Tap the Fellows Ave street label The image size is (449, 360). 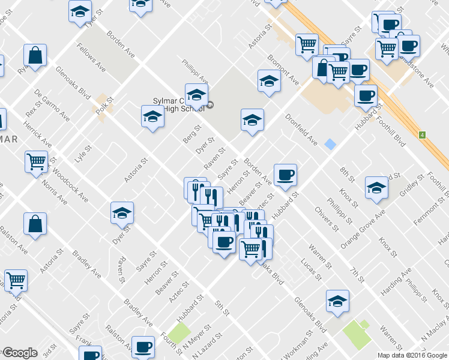click(91, 57)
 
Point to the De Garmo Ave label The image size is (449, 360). click(52, 106)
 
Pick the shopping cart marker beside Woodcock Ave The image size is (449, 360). click(37, 161)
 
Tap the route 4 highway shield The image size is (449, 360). click(422, 134)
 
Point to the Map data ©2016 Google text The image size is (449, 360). click(412, 355)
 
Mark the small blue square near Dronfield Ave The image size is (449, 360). click(330, 144)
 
